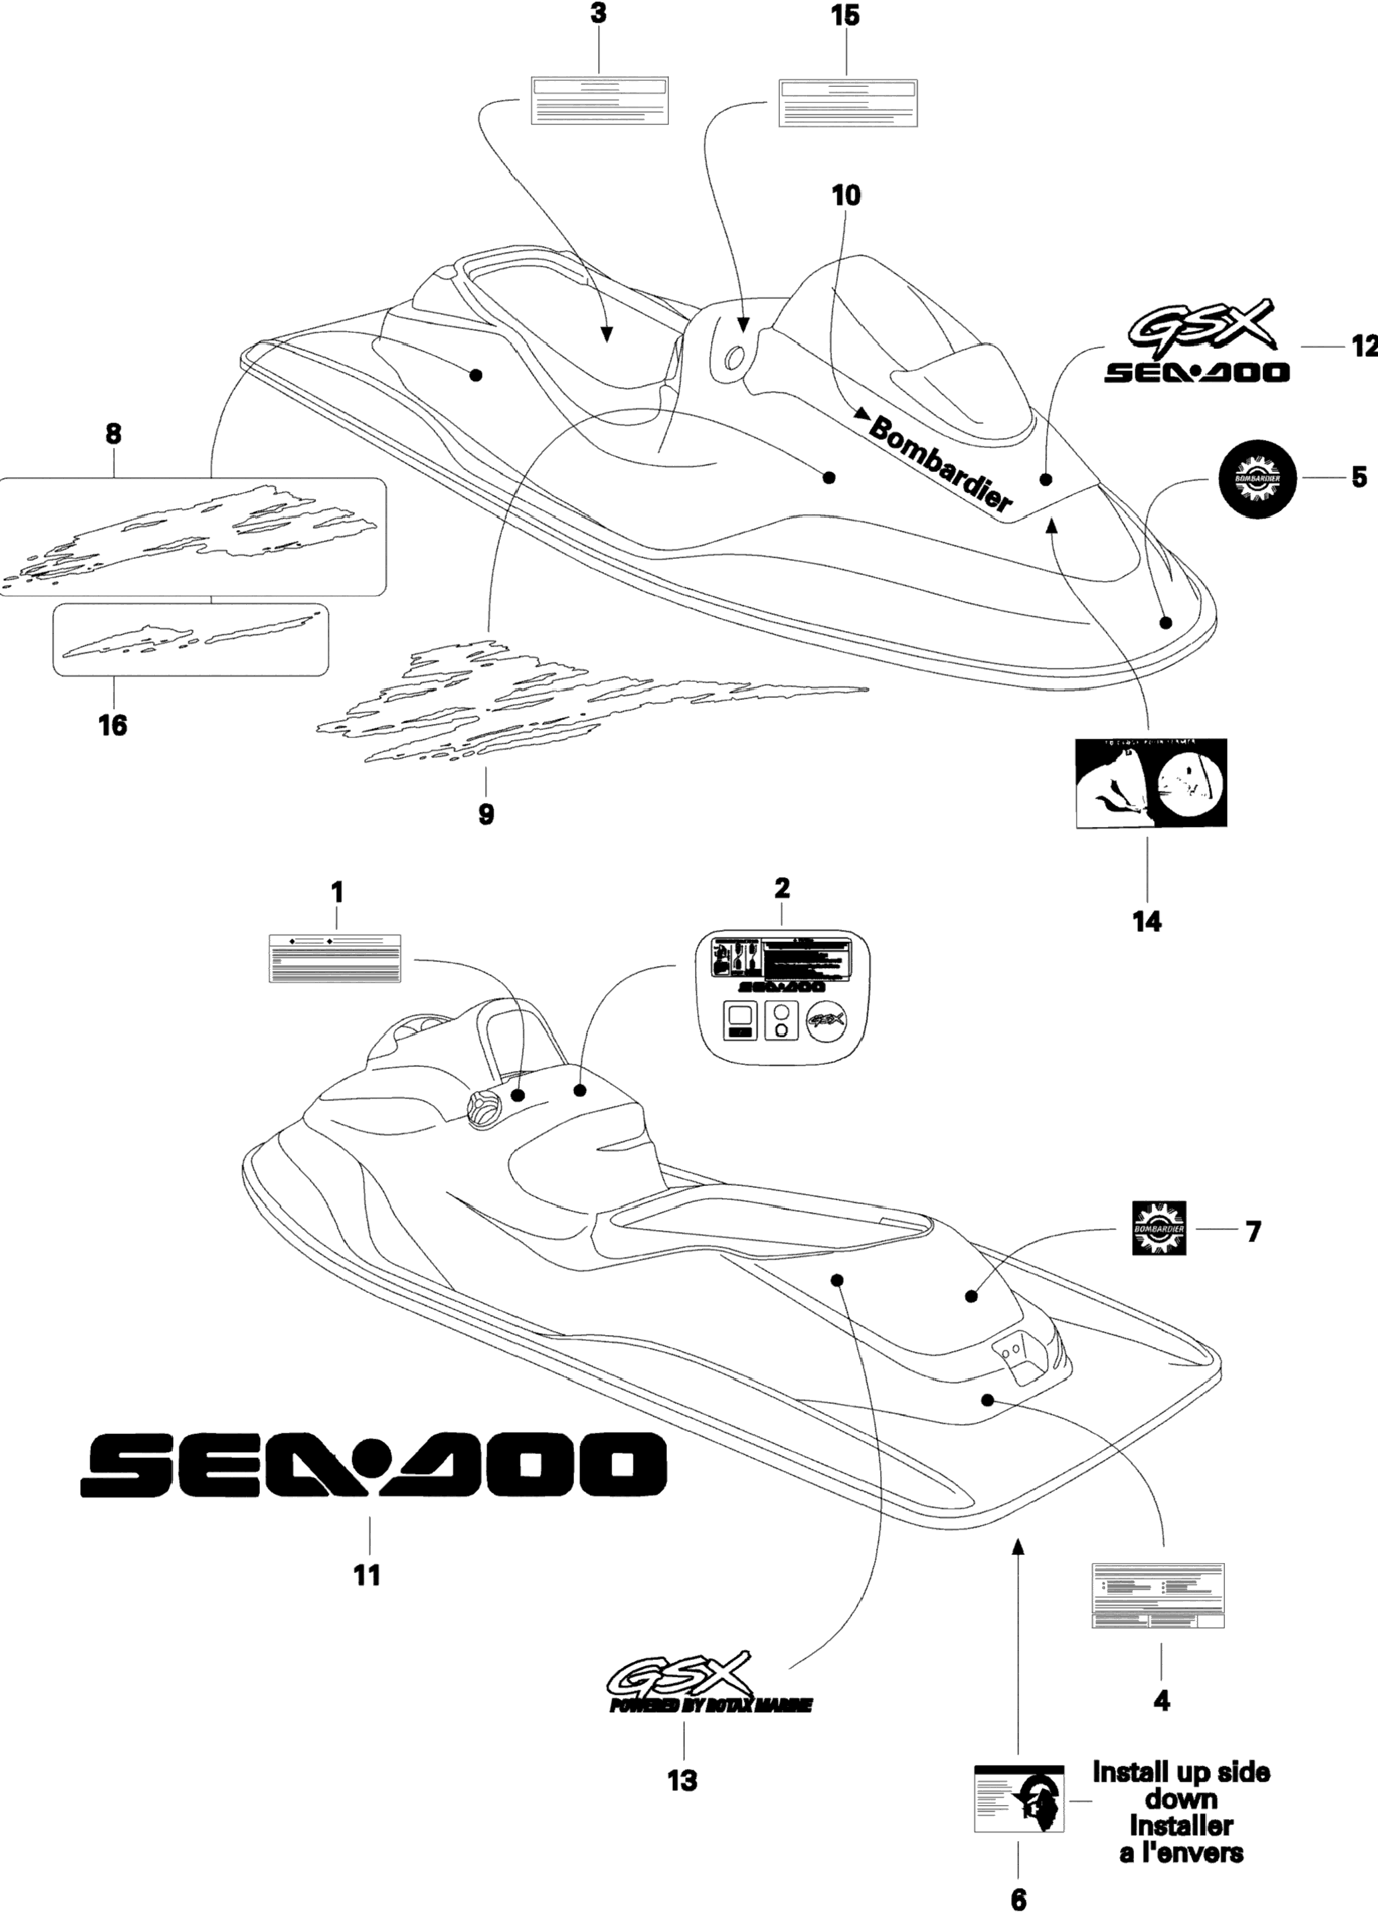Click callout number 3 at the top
598,15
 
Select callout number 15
845,15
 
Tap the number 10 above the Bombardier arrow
845,196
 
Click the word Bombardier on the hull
940,465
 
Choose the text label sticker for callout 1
335,959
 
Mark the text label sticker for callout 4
1157,1596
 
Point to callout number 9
487,814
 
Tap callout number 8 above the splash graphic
113,434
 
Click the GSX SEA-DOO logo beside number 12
1197,346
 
